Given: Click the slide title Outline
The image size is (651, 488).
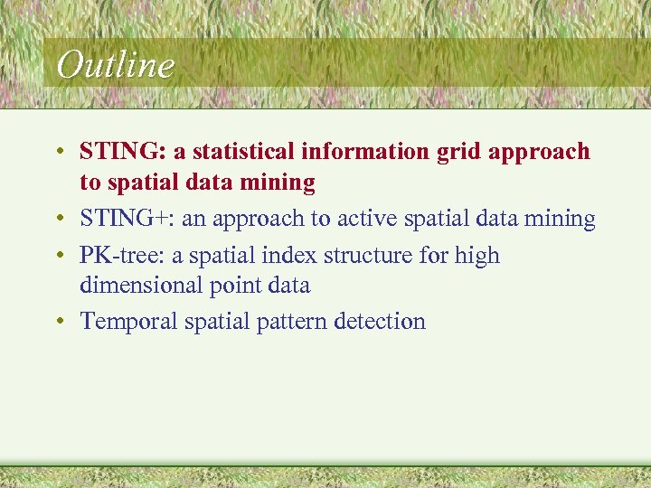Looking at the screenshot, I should tap(114, 65).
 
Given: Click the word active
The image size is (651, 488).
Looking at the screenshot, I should tap(369, 219).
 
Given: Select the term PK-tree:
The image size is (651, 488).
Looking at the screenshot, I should tap(122, 256).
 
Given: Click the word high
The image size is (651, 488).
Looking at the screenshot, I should tap(476, 257).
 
